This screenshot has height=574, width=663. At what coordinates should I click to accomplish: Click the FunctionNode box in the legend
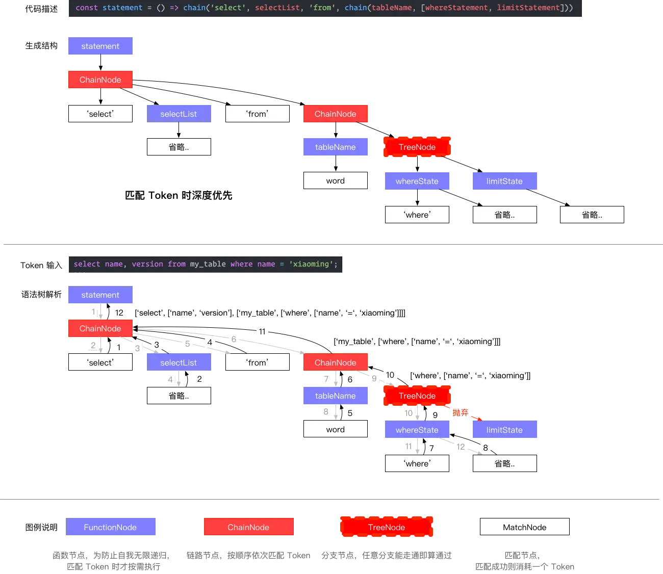pos(110,527)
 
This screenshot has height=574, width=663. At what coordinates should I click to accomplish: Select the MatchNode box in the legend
pos(524,527)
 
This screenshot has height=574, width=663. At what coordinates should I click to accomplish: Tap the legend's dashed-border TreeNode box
pos(387,527)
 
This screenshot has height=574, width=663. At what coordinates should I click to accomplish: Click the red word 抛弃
pos(461,412)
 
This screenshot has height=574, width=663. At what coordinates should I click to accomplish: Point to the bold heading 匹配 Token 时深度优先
pos(178,195)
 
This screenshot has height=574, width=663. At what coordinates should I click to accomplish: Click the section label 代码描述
pos(41,9)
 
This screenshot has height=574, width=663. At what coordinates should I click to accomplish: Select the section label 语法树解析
pos(41,294)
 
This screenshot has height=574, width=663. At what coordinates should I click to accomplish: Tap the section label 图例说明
pos(41,527)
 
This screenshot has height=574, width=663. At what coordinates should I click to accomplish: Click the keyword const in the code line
pos(87,8)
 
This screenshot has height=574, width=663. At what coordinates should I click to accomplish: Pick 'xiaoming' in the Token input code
pos(311,264)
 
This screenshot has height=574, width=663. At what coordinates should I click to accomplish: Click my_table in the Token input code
pos(208,264)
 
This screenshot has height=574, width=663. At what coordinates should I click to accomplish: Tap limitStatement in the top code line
pos(528,8)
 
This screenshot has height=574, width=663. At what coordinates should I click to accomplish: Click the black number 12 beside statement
pos(119,312)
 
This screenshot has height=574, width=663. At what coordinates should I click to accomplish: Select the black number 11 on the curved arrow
pos(262,331)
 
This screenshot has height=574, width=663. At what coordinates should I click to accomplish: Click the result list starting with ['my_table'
pos(417,342)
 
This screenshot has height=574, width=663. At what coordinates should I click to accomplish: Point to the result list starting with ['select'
pos(270,313)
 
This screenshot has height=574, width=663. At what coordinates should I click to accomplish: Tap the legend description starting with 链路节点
pos(248,556)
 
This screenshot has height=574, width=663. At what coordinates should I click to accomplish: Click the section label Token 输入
pos(41,265)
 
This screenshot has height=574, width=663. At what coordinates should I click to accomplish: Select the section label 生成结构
pos(41,45)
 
